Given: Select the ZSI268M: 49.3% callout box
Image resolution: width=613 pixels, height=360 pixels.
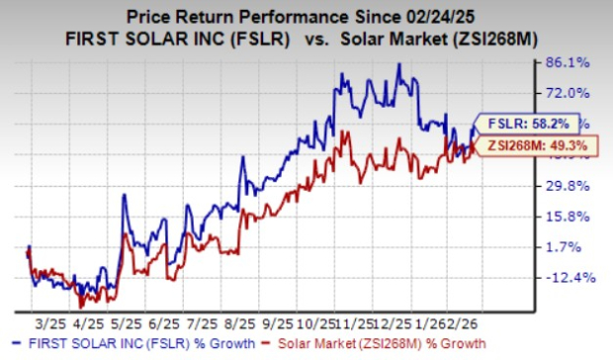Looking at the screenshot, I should [525, 147].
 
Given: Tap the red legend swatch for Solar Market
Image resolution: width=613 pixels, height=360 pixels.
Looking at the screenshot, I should [267, 344].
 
